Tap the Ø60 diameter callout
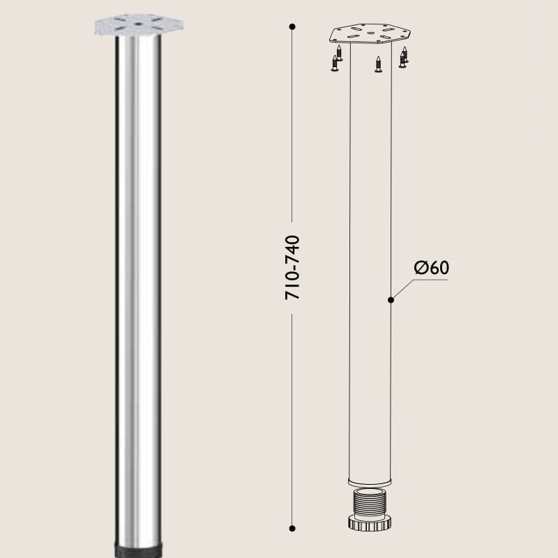pos(430,268)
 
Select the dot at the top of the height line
pos(292,27)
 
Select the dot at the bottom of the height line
pos(292,528)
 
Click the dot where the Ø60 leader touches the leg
pos(391,300)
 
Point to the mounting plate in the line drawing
pos(370,33)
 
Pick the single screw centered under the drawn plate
pos(378,65)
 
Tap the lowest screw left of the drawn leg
pos(335,65)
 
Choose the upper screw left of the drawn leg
pos(339,53)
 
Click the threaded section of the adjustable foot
pos(370,500)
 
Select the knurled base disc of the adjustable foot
pos(370,522)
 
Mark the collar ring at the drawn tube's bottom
pos(370,482)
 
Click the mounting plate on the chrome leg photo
pos(139,25)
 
